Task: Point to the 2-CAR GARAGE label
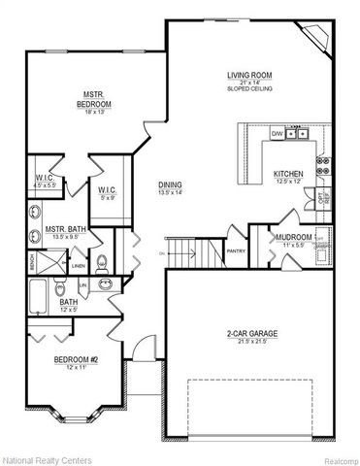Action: (x=252, y=334)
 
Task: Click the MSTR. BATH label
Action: (x=65, y=230)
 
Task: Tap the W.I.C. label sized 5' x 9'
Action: (x=107, y=190)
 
